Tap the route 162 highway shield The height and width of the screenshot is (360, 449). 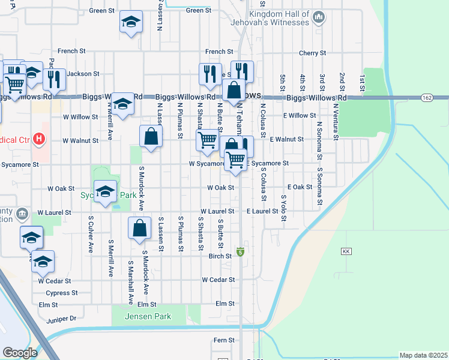427,97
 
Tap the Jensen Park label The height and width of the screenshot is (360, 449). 148,316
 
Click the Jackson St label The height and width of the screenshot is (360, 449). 83,74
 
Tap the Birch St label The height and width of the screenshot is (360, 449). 220,256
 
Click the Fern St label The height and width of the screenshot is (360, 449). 223,340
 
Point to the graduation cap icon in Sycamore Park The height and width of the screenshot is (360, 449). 106,191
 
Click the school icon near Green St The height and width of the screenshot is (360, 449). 130,22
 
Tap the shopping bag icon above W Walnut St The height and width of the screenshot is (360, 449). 151,136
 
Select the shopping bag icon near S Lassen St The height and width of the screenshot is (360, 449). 139,229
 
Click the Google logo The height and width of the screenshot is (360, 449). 20,353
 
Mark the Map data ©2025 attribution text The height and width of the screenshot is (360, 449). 423,355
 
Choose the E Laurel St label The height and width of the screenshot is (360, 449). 262,211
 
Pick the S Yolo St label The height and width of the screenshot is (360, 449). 283,208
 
